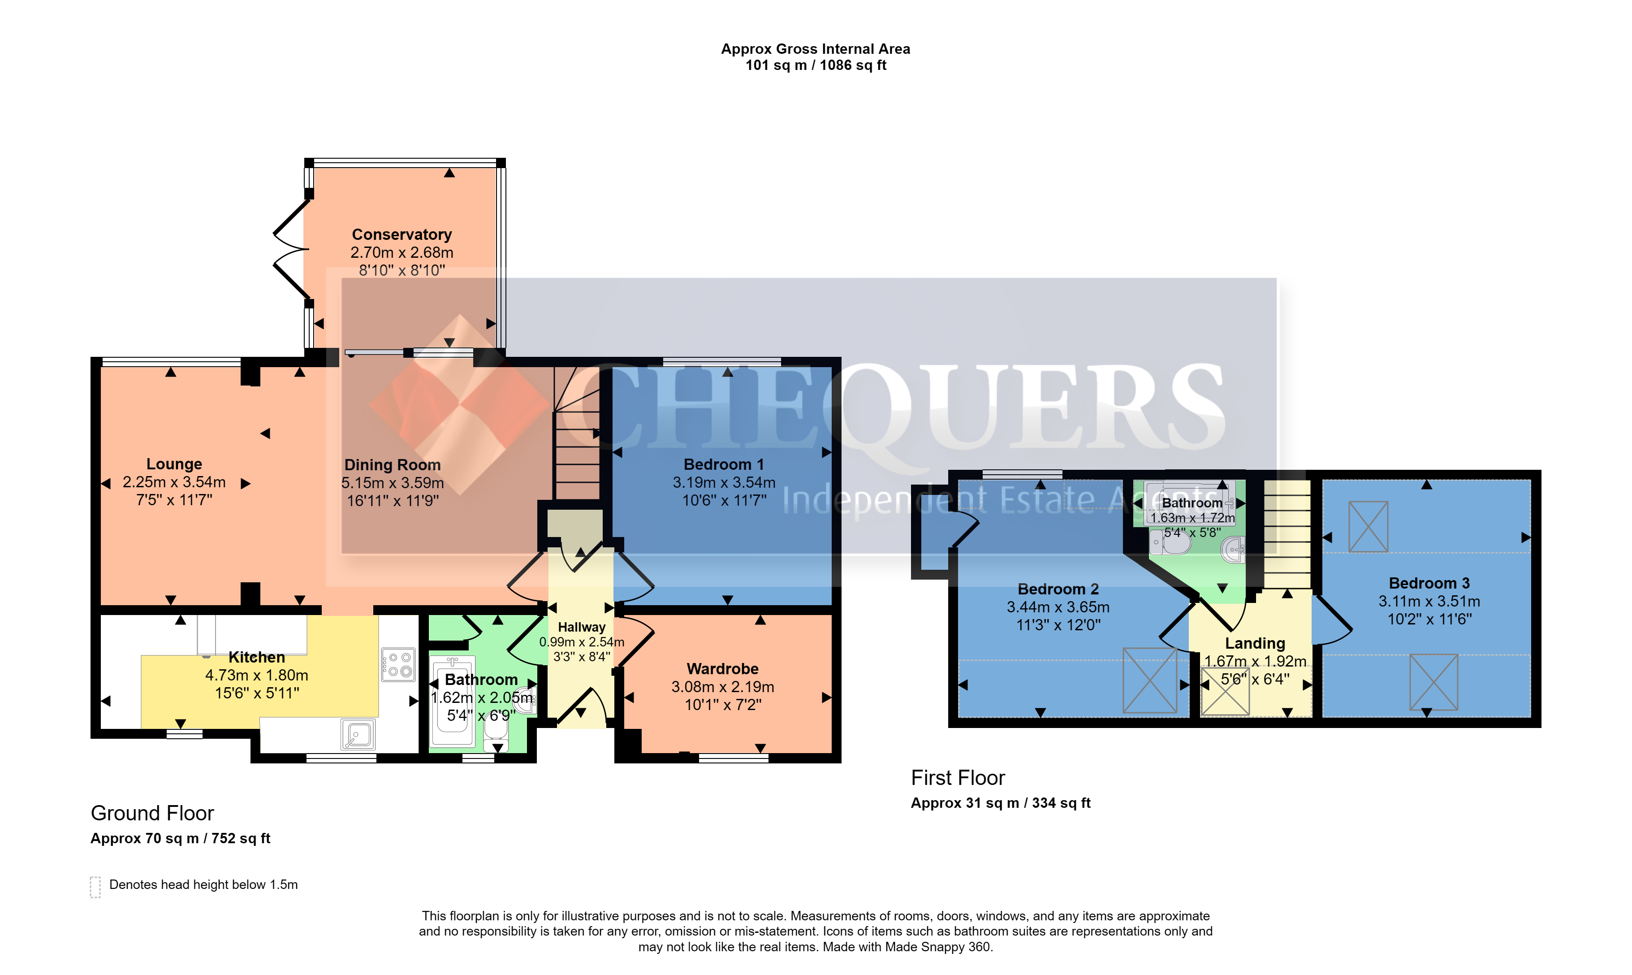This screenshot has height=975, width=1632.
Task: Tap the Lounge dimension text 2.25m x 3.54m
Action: (174, 482)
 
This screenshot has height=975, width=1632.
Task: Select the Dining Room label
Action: (392, 465)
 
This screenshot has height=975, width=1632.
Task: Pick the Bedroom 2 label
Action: (1058, 589)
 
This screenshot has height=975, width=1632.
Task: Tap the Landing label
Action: (1255, 643)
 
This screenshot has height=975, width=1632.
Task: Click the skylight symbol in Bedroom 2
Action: (1149, 680)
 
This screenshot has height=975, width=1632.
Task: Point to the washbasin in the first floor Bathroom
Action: (1233, 549)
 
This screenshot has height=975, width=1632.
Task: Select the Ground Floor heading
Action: (152, 813)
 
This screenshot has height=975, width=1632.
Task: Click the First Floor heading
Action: (958, 778)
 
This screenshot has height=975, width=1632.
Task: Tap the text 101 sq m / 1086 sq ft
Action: (816, 65)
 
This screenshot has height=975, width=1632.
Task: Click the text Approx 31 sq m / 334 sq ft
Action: (1000, 803)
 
